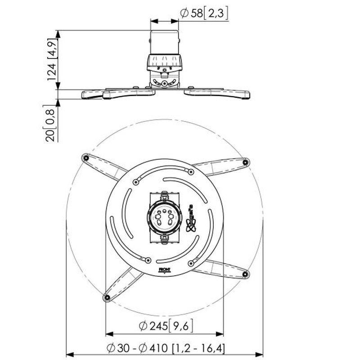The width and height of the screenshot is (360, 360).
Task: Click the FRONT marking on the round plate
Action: coord(164,270)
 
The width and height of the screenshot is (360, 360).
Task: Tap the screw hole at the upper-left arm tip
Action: coord(85,157)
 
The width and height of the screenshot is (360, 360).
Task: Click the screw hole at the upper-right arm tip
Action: coord(245,162)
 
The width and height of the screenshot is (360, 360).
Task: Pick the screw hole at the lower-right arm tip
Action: coord(245,273)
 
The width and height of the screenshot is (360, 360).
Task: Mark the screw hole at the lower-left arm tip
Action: coord(107,297)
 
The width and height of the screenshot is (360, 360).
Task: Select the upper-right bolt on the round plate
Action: coord(191,172)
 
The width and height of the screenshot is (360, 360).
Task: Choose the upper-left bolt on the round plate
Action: coord(135,181)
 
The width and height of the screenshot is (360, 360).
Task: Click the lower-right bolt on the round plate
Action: coord(191,263)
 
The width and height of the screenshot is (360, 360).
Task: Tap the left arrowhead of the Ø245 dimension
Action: coord(108,334)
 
